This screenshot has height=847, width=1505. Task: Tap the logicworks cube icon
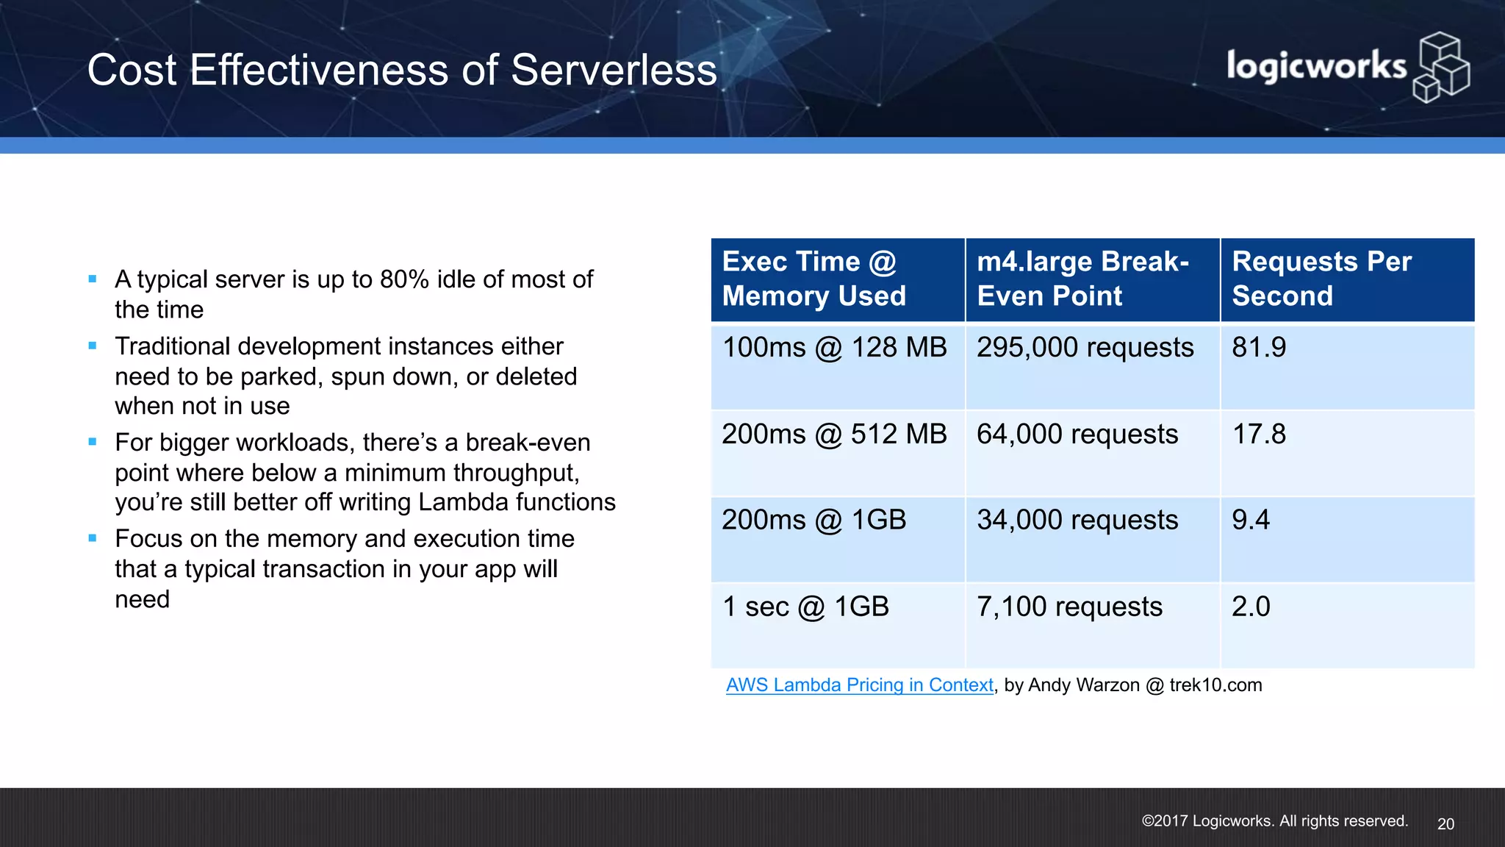click(1441, 68)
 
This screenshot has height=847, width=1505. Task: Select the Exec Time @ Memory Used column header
click(813, 279)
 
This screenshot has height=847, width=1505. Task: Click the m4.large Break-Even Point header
click(1082, 279)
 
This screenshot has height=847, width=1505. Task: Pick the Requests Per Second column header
click(1321, 279)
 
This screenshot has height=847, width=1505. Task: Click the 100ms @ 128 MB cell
click(835, 348)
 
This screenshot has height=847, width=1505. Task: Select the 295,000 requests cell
click(1085, 348)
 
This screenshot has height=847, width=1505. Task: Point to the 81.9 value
click(1259, 348)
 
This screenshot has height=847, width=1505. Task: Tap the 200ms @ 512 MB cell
click(834, 435)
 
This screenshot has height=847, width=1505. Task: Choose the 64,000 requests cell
click(1077, 435)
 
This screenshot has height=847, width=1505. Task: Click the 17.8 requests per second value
click(1259, 435)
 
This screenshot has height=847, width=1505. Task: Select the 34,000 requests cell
click(1077, 521)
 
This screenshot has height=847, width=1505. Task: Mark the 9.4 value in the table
click(1251, 521)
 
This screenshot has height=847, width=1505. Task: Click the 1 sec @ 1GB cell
click(805, 607)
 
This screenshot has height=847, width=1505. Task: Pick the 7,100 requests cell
click(1069, 607)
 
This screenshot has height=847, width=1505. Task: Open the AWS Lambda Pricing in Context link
click(859, 685)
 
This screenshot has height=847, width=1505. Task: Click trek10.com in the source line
click(1215, 685)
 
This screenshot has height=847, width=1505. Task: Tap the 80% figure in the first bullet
click(404, 280)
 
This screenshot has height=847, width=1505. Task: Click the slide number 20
click(1445, 824)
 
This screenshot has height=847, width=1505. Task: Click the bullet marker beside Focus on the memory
click(93, 538)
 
